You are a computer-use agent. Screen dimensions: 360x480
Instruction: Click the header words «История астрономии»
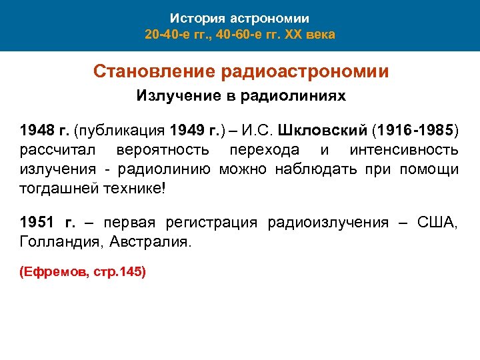pyautogui.click(x=239, y=18)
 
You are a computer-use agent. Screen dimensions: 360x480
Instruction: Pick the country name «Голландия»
pyautogui.click(x=56, y=242)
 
